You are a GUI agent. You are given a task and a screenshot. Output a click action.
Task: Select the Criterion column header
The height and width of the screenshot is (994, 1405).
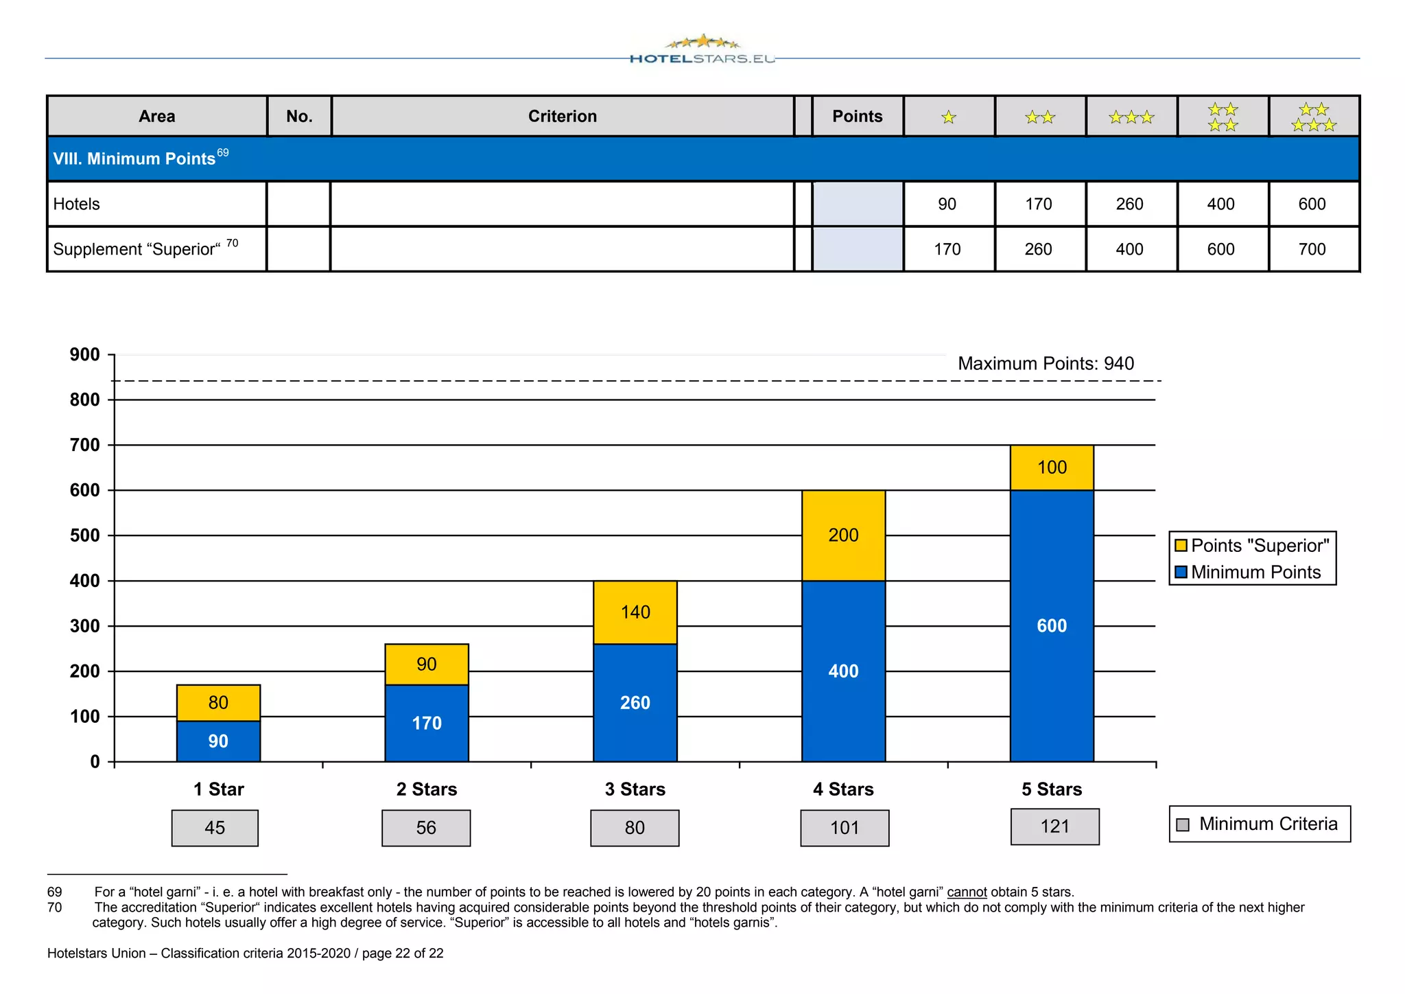coord(562,116)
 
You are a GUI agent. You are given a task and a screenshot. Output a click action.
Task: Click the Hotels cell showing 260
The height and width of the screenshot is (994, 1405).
coord(1129,204)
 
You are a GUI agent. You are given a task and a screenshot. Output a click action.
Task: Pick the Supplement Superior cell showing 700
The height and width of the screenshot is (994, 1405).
coord(1312,249)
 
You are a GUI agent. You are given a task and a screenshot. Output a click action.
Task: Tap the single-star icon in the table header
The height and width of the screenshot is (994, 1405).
coord(949,117)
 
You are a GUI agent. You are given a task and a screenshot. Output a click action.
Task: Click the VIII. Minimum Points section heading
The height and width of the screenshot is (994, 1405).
coord(134,159)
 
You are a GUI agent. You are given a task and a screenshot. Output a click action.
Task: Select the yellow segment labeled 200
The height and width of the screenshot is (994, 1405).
coord(843,535)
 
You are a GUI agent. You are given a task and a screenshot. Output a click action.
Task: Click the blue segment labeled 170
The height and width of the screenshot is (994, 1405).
coord(426,723)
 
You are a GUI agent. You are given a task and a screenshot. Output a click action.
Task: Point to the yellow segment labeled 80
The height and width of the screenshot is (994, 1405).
coord(218,702)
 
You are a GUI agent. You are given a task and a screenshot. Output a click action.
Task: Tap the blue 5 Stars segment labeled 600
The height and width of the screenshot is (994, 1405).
coord(1052,625)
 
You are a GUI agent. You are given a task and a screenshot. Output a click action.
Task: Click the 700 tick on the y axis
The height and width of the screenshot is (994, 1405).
coord(85,445)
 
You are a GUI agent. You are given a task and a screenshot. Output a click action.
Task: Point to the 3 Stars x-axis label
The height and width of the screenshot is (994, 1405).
coord(635,789)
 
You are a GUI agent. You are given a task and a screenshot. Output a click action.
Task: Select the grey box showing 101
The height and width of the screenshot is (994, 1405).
coord(845,828)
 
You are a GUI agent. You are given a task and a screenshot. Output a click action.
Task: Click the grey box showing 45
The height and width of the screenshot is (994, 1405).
coord(215,828)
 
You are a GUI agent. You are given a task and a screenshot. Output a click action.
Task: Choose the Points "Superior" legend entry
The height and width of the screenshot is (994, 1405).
coord(1253,545)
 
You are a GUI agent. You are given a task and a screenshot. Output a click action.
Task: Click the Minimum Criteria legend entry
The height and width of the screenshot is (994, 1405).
coord(1260,824)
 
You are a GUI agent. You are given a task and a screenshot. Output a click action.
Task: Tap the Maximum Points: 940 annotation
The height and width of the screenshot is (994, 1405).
coord(1046,363)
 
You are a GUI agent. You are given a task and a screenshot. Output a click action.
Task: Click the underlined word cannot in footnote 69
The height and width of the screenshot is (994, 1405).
coord(967,892)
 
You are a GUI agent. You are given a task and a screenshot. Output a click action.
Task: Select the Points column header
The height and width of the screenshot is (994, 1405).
coord(857,116)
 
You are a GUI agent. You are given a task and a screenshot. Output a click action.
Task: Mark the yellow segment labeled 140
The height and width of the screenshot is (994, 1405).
coord(635,612)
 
